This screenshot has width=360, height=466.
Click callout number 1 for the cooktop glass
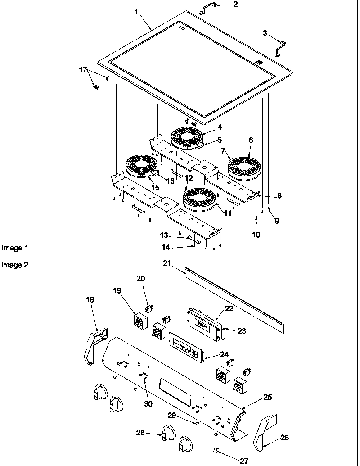(x=136, y=12)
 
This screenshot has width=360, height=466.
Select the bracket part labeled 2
(x=208, y=6)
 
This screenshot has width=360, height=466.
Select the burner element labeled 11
(x=199, y=199)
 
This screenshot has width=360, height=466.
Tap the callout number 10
(x=256, y=235)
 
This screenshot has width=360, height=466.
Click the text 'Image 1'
(x=15, y=248)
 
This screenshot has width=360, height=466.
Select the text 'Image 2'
(x=15, y=265)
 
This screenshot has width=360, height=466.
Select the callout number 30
(x=148, y=403)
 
